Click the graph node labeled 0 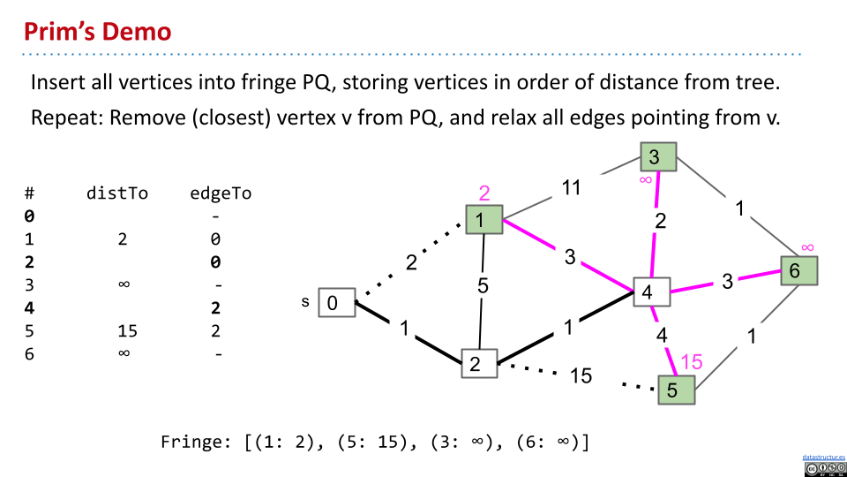[x=334, y=303]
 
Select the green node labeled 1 [x=483, y=220]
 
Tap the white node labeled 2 [x=478, y=363]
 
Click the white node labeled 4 [x=650, y=291]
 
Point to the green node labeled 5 [x=676, y=390]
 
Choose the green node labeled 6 [x=798, y=271]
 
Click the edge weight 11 [x=572, y=188]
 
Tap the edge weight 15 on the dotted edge [x=580, y=375]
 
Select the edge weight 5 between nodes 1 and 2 [x=483, y=286]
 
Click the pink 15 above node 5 [x=693, y=362]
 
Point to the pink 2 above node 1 [x=483, y=193]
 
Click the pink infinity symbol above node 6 [x=806, y=246]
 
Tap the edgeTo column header [x=221, y=193]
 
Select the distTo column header [x=116, y=193]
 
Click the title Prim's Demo [x=97, y=33]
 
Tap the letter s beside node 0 [x=305, y=302]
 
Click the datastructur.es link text [x=824, y=458]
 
